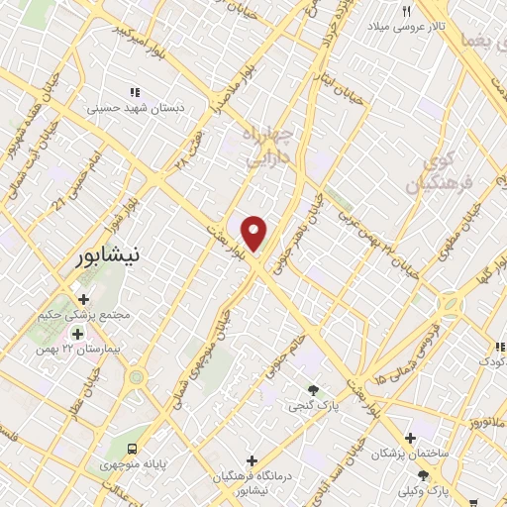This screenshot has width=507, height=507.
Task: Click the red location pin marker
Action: (254, 233)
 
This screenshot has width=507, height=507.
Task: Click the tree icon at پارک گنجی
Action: (314, 390)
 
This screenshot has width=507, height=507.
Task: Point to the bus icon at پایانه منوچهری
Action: (132, 447)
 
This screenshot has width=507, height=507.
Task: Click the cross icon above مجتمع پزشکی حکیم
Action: (82, 299)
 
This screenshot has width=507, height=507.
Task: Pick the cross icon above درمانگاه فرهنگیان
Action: (253, 460)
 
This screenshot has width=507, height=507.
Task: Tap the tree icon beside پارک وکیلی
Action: (424, 476)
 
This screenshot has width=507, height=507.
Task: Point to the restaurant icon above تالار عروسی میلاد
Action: (405, 11)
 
